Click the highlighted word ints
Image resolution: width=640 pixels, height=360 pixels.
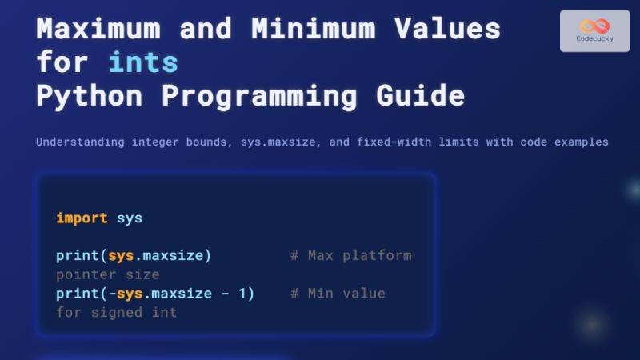143,62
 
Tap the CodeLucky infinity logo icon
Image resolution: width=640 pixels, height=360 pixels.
594,26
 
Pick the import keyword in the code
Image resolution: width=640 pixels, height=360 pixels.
82,218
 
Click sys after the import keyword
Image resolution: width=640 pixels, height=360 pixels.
130,218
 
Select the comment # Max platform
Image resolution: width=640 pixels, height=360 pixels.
350,256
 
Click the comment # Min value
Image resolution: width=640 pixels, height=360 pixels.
338,294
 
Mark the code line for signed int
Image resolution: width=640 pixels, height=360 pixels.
117,312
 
